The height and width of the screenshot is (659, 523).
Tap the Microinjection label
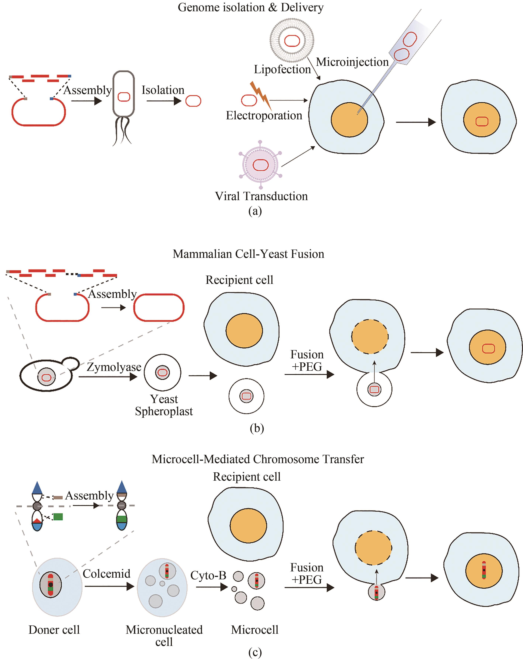(x=352, y=62)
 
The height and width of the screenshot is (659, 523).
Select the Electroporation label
(x=264, y=115)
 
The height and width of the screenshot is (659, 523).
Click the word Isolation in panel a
(x=163, y=90)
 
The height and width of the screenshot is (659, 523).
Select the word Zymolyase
(x=114, y=367)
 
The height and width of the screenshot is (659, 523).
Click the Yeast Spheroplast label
(x=164, y=405)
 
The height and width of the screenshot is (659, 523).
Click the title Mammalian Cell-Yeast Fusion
(x=248, y=254)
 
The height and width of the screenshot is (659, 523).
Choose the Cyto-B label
(x=208, y=575)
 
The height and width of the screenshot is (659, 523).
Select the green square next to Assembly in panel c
(x=58, y=517)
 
